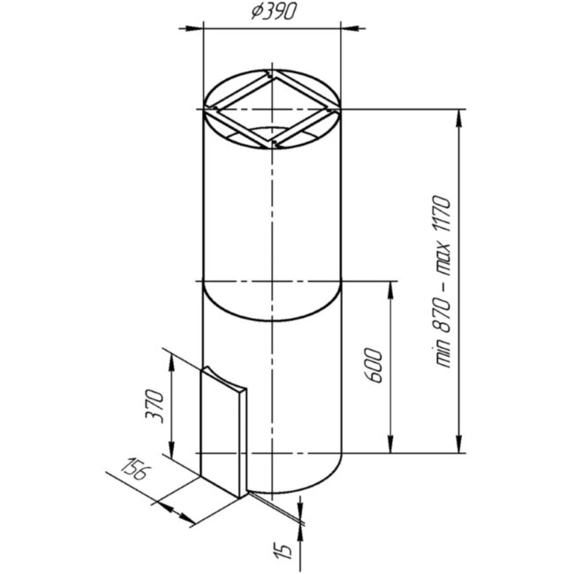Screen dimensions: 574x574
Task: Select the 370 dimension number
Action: pyautogui.click(x=155, y=407)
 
